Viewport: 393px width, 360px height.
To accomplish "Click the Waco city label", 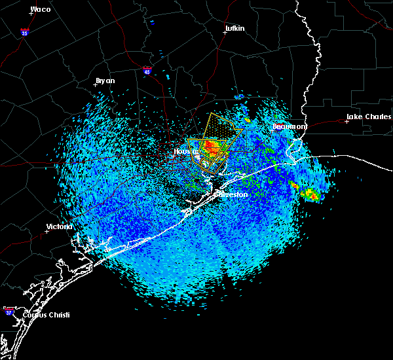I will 41,10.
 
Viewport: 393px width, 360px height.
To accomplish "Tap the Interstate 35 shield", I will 24,31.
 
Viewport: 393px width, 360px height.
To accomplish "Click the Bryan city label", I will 105,81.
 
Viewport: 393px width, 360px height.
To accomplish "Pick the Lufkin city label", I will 234,29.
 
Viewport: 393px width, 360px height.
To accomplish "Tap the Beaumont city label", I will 289,126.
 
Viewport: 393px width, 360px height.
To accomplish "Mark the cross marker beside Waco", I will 30,13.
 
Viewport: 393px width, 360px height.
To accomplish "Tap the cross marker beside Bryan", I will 95,84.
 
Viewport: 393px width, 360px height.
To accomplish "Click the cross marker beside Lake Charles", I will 346,121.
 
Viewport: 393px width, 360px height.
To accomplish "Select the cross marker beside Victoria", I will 47,231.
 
